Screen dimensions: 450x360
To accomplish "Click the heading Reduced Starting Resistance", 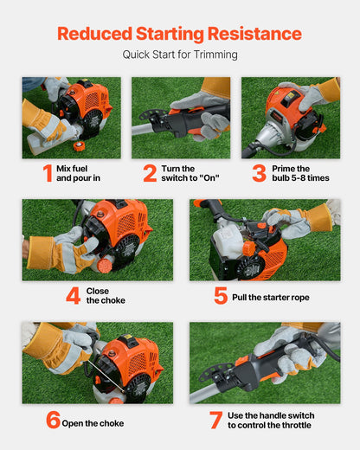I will point(179,34).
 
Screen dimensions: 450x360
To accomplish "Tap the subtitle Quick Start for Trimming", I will point(179,55).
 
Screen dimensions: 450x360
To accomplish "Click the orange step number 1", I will point(47,173).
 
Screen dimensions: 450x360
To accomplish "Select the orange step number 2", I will point(150,173).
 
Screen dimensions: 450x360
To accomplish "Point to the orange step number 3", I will point(259,173).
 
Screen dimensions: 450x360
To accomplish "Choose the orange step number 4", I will point(74,295).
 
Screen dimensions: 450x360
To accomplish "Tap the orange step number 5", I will point(221,295).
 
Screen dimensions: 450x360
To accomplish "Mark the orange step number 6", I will point(54,421).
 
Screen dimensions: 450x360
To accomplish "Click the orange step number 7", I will point(215,421).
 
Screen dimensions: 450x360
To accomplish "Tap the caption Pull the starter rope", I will point(272,298).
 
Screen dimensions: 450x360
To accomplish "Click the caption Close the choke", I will point(106,295).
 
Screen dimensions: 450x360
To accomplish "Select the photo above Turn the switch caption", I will point(180,118).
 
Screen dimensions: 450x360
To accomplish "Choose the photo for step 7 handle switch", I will point(264,363).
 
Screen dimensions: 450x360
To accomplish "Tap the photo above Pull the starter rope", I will point(264,240).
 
